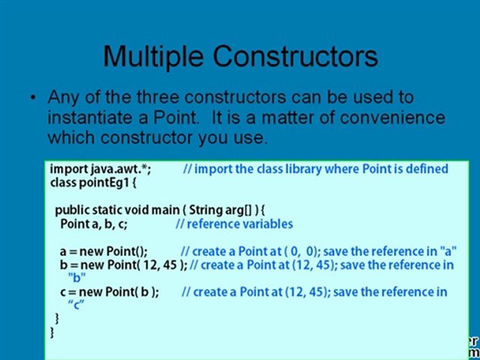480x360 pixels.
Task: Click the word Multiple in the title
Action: pos(152,56)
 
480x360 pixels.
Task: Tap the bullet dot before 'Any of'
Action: pos(33,98)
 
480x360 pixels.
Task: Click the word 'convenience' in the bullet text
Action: pos(392,118)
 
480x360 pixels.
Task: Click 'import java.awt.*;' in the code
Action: pos(100,169)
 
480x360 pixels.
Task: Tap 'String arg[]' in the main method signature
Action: pos(220,210)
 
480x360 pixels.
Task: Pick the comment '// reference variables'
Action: pos(234,223)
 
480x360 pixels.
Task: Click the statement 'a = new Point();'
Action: pos(103,251)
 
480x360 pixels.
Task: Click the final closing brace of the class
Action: pos(52,332)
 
